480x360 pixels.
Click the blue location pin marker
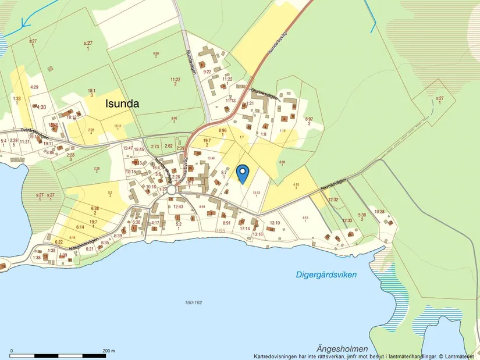(243, 173)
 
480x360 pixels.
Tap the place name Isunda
(122, 104)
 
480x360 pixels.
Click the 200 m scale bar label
(108, 351)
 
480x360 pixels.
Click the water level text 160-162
(193, 302)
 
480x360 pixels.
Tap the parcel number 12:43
(178, 206)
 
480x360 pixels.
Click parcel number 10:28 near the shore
(379, 211)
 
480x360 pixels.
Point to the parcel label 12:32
(333, 199)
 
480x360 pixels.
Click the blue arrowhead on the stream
(24, 24)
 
